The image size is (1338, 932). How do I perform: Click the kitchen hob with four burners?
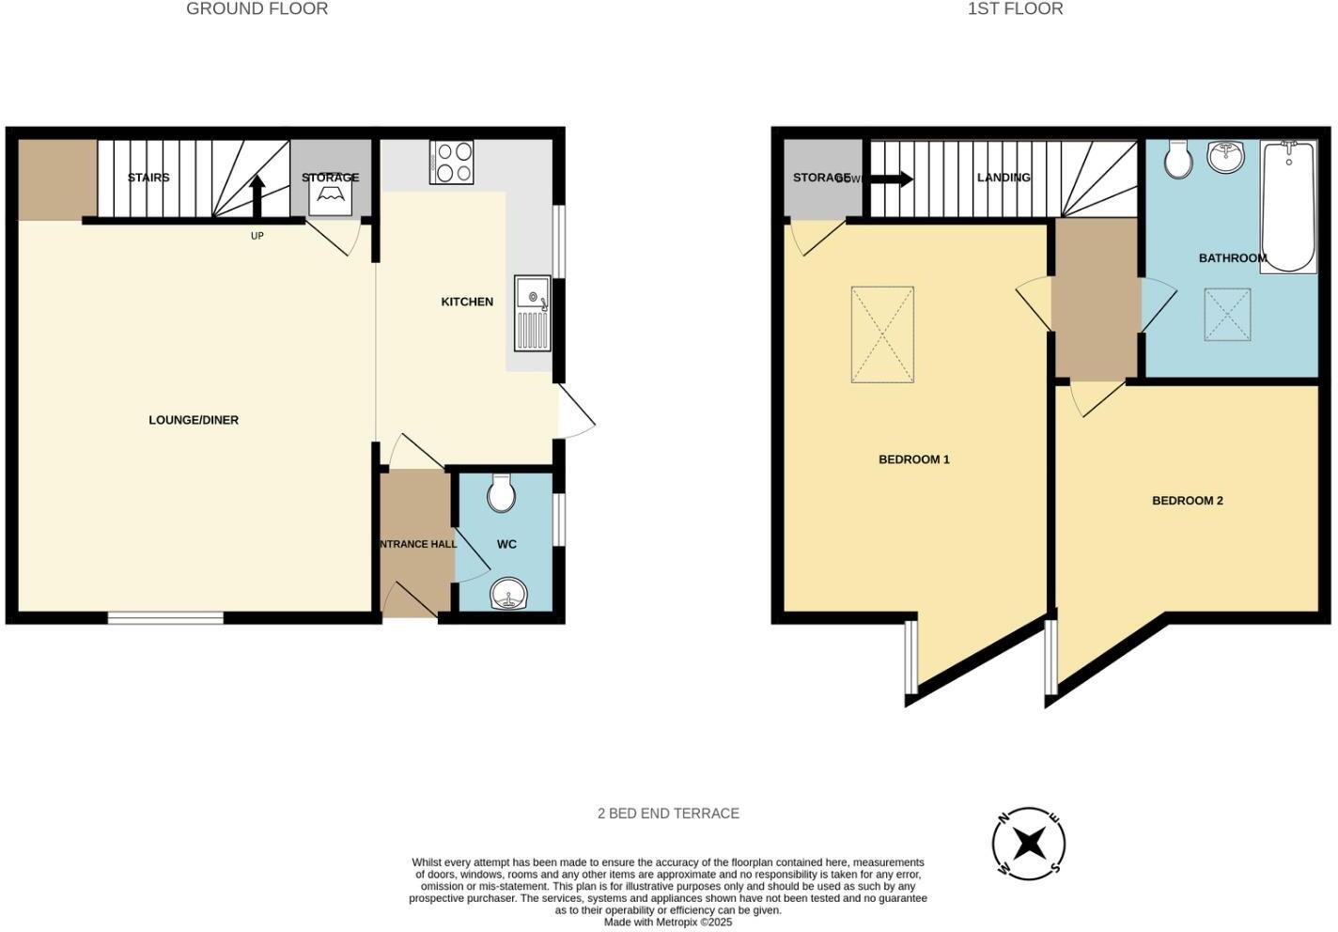click(452, 162)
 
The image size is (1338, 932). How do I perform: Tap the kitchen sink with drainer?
click(533, 314)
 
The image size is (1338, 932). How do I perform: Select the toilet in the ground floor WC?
click(501, 493)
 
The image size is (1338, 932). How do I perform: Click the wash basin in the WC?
click(508, 594)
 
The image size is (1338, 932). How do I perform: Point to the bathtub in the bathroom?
click(1288, 207)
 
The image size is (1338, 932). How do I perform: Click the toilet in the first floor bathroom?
click(1177, 160)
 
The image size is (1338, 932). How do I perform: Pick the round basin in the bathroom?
click(1225, 157)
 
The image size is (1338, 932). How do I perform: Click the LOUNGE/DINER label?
click(194, 420)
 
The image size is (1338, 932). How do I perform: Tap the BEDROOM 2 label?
click(1188, 501)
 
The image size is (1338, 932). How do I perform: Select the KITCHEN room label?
click(467, 302)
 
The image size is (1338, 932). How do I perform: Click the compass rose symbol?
click(1029, 843)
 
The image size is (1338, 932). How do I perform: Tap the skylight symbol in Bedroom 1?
click(882, 334)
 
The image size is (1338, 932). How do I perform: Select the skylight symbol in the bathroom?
click(1228, 314)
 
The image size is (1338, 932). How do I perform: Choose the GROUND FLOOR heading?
click(257, 9)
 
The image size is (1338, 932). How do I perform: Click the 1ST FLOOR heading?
click(1015, 9)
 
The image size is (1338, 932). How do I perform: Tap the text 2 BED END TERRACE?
click(668, 814)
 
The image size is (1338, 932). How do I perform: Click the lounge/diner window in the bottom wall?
click(165, 617)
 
